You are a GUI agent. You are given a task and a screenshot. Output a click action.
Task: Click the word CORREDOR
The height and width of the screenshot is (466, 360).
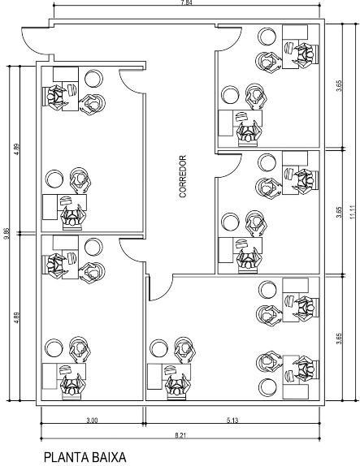point(183,176)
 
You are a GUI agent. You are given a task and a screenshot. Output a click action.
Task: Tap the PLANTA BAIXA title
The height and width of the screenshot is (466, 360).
point(85,457)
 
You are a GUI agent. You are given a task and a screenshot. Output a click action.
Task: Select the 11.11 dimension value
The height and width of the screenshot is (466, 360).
point(353,212)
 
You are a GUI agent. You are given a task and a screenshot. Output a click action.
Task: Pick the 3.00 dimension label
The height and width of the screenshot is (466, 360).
point(92,421)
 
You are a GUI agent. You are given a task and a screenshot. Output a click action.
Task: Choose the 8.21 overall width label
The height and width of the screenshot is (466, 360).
point(180,436)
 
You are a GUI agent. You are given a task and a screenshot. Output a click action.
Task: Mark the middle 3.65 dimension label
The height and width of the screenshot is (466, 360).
point(339,212)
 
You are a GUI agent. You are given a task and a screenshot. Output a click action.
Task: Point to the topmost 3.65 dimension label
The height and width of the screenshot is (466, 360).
point(339,86)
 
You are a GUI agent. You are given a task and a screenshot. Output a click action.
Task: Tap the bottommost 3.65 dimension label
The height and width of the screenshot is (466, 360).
point(339,339)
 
